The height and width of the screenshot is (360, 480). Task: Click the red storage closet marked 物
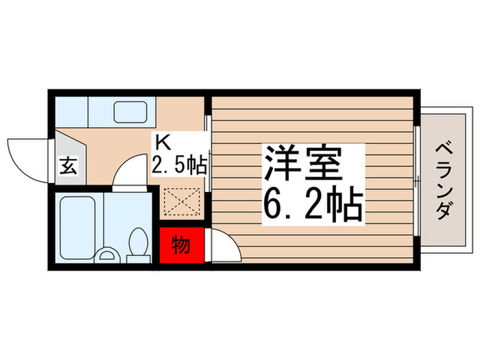point(182,247)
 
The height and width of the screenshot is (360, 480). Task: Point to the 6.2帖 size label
point(312,203)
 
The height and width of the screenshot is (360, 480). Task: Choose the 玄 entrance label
point(69,165)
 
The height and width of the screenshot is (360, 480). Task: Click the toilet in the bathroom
point(138,243)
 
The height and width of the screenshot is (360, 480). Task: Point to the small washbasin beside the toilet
point(108,256)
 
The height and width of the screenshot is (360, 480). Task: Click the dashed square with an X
point(183,203)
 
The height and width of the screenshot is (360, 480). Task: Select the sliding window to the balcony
point(418,180)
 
